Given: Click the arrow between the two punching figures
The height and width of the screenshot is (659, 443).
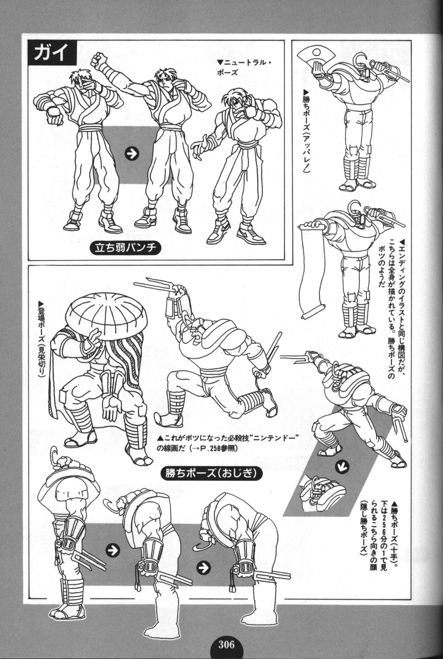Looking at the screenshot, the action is click(x=130, y=154).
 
